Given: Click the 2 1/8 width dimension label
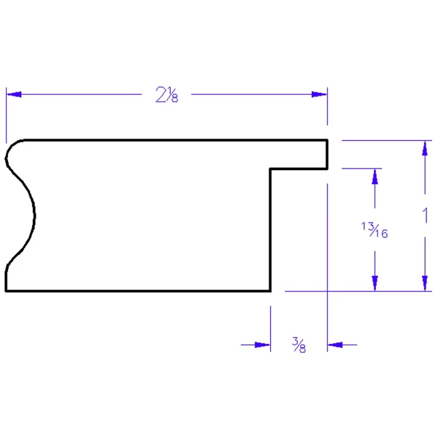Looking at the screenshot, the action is pyautogui.click(x=166, y=95).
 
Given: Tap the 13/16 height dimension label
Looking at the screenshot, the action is pyautogui.click(x=374, y=230).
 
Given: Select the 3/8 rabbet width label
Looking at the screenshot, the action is pyautogui.click(x=299, y=345).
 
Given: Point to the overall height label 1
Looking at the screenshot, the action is pyautogui.click(x=425, y=215).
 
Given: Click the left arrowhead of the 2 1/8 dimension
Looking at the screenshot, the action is pyautogui.click(x=14, y=94).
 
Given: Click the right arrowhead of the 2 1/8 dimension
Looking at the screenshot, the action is pyautogui.click(x=319, y=94).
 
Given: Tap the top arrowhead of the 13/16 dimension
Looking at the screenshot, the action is pyautogui.click(x=375, y=177).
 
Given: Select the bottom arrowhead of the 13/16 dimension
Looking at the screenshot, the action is pyautogui.click(x=375, y=283).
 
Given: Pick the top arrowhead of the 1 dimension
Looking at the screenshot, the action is pyautogui.click(x=425, y=148).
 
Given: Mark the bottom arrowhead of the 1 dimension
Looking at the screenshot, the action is pyautogui.click(x=425, y=283).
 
